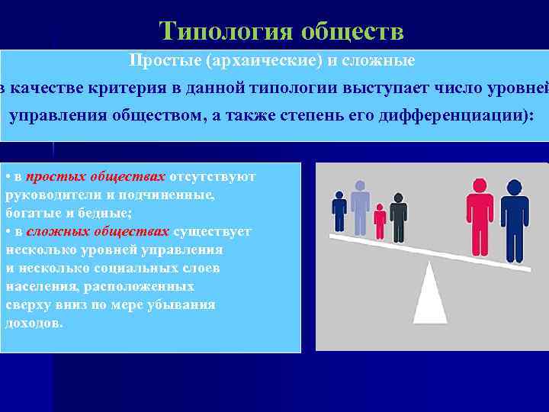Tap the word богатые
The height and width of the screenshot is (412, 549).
28,213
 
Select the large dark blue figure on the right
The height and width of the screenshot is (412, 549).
514,221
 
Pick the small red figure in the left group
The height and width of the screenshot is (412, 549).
380,222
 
